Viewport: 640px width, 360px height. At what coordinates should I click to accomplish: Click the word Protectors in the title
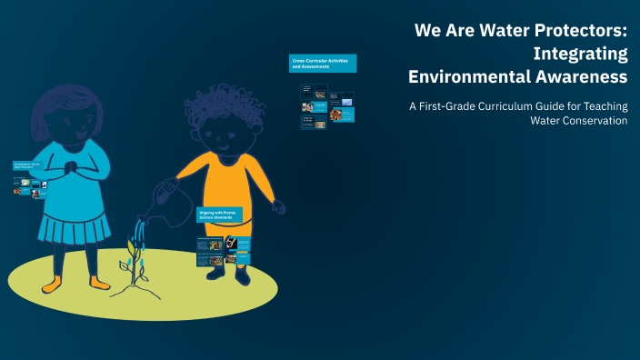578,30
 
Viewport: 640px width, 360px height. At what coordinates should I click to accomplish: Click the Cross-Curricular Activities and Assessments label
323,63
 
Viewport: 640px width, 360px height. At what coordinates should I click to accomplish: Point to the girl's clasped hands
72,169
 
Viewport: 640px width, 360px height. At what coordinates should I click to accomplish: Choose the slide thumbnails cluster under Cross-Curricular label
327,106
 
